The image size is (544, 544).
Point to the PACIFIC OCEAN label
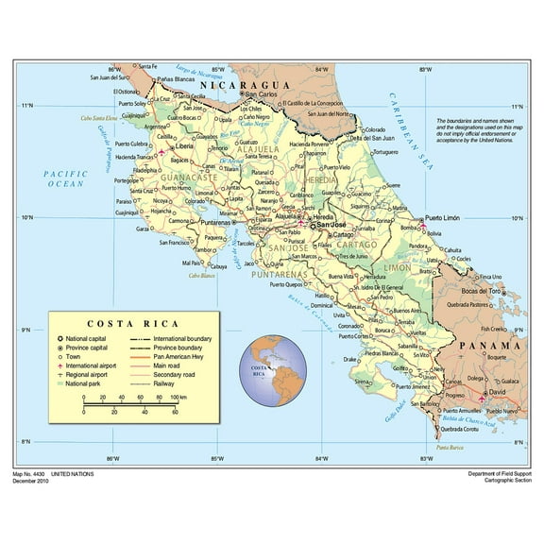click(x=65, y=178)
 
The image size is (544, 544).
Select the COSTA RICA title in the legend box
click(x=134, y=322)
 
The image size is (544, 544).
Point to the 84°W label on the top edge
click(x=320, y=68)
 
